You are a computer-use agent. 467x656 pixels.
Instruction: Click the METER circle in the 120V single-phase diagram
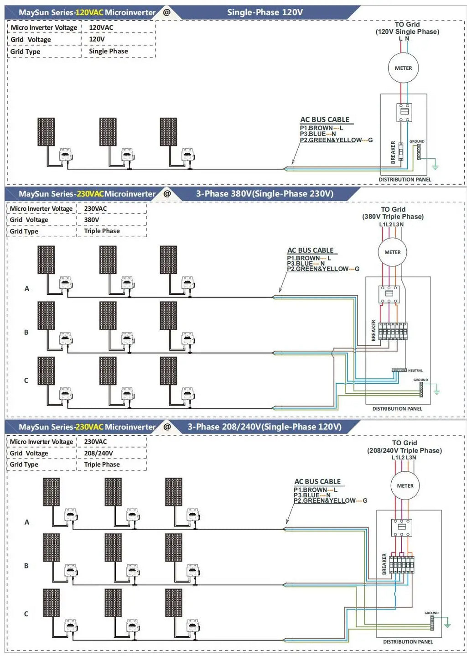tap(403, 68)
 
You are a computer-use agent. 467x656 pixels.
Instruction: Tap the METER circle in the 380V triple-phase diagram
tap(392, 252)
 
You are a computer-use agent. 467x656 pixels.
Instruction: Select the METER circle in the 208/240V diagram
tap(405, 486)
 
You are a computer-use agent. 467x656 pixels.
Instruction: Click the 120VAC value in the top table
tap(101, 27)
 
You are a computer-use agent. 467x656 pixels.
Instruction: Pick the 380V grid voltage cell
tap(91, 220)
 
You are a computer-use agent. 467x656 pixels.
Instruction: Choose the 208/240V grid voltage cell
tap(98, 453)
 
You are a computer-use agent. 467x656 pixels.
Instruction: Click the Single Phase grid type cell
tap(108, 51)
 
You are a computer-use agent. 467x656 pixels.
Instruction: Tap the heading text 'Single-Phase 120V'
tap(265, 12)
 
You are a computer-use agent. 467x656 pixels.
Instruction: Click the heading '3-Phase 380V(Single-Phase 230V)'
tap(265, 194)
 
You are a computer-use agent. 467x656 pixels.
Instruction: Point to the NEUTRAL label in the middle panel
tap(415, 370)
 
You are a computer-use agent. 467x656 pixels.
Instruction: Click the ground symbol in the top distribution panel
tap(435, 167)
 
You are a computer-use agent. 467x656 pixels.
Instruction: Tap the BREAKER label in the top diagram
tap(393, 152)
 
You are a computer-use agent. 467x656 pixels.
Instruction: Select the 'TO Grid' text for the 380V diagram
tap(393, 209)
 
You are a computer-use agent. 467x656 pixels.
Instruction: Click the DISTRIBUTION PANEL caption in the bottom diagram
tap(408, 642)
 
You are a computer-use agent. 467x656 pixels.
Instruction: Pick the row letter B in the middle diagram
tap(26, 332)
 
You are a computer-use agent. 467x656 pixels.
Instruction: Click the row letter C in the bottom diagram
tap(26, 614)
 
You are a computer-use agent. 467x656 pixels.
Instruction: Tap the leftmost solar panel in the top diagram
tap(46, 132)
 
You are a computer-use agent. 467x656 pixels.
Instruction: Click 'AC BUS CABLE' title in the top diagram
tap(324, 120)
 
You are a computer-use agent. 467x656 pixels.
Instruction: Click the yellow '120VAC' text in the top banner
tap(89, 12)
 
